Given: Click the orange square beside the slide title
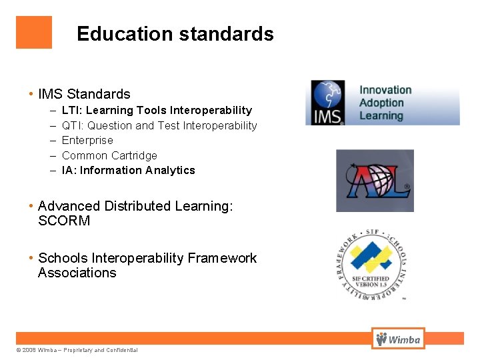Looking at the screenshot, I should (34, 33).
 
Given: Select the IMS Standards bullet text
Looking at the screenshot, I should (84, 94).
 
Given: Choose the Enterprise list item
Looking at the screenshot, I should (87, 140).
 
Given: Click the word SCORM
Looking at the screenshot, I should (64, 221).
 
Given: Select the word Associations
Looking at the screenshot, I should (77, 273).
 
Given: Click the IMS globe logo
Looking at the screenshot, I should (325, 102).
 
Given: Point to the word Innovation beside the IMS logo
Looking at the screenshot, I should (385, 90).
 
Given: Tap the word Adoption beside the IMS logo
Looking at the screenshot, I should (381, 103).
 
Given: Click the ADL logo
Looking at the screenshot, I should (375, 181).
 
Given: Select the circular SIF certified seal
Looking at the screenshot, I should (370, 263).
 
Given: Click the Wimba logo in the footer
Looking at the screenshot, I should (398, 339).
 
